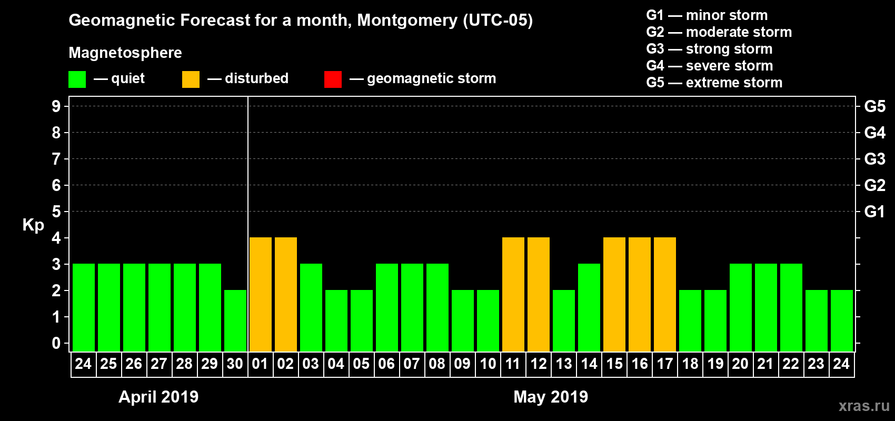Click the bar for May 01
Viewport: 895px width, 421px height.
tap(261, 294)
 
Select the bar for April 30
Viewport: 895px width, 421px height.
tap(235, 320)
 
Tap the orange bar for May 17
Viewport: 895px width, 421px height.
tap(665, 294)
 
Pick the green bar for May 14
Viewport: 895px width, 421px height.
tap(589, 307)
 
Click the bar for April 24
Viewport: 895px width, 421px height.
tap(84, 307)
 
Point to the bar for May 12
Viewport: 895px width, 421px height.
tap(539, 294)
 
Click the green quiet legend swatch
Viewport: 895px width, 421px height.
tap(77, 79)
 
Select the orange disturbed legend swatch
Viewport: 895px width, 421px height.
tap(191, 79)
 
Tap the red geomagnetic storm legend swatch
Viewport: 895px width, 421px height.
tap(333, 79)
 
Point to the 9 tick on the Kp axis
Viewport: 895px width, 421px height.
tap(56, 106)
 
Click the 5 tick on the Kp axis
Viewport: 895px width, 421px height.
tap(56, 212)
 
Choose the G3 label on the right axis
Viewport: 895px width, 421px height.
tap(874, 159)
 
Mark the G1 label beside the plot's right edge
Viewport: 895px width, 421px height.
tap(874, 212)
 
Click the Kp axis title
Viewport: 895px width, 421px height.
tap(33, 225)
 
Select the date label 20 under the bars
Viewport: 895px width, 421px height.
tap(740, 364)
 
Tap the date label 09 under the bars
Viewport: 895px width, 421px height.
tap(462, 364)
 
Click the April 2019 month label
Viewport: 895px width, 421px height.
tap(158, 397)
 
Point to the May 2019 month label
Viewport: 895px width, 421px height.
tap(551, 397)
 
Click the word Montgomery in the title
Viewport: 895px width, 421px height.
tap(407, 21)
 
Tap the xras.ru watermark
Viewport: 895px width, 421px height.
tap(864, 406)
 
